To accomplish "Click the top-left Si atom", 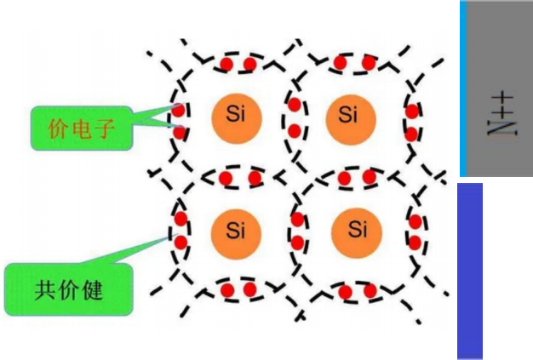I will [x=236, y=115].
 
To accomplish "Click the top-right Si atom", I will [x=349, y=115].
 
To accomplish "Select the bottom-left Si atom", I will [x=236, y=228].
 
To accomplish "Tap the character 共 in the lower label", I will [x=45, y=289].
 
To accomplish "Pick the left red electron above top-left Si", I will [x=227, y=65].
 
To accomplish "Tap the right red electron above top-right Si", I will [x=369, y=63].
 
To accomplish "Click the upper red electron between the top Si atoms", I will [x=295, y=105].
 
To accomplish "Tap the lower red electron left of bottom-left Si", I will [x=181, y=243].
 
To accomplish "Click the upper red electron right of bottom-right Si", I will [x=415, y=222].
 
